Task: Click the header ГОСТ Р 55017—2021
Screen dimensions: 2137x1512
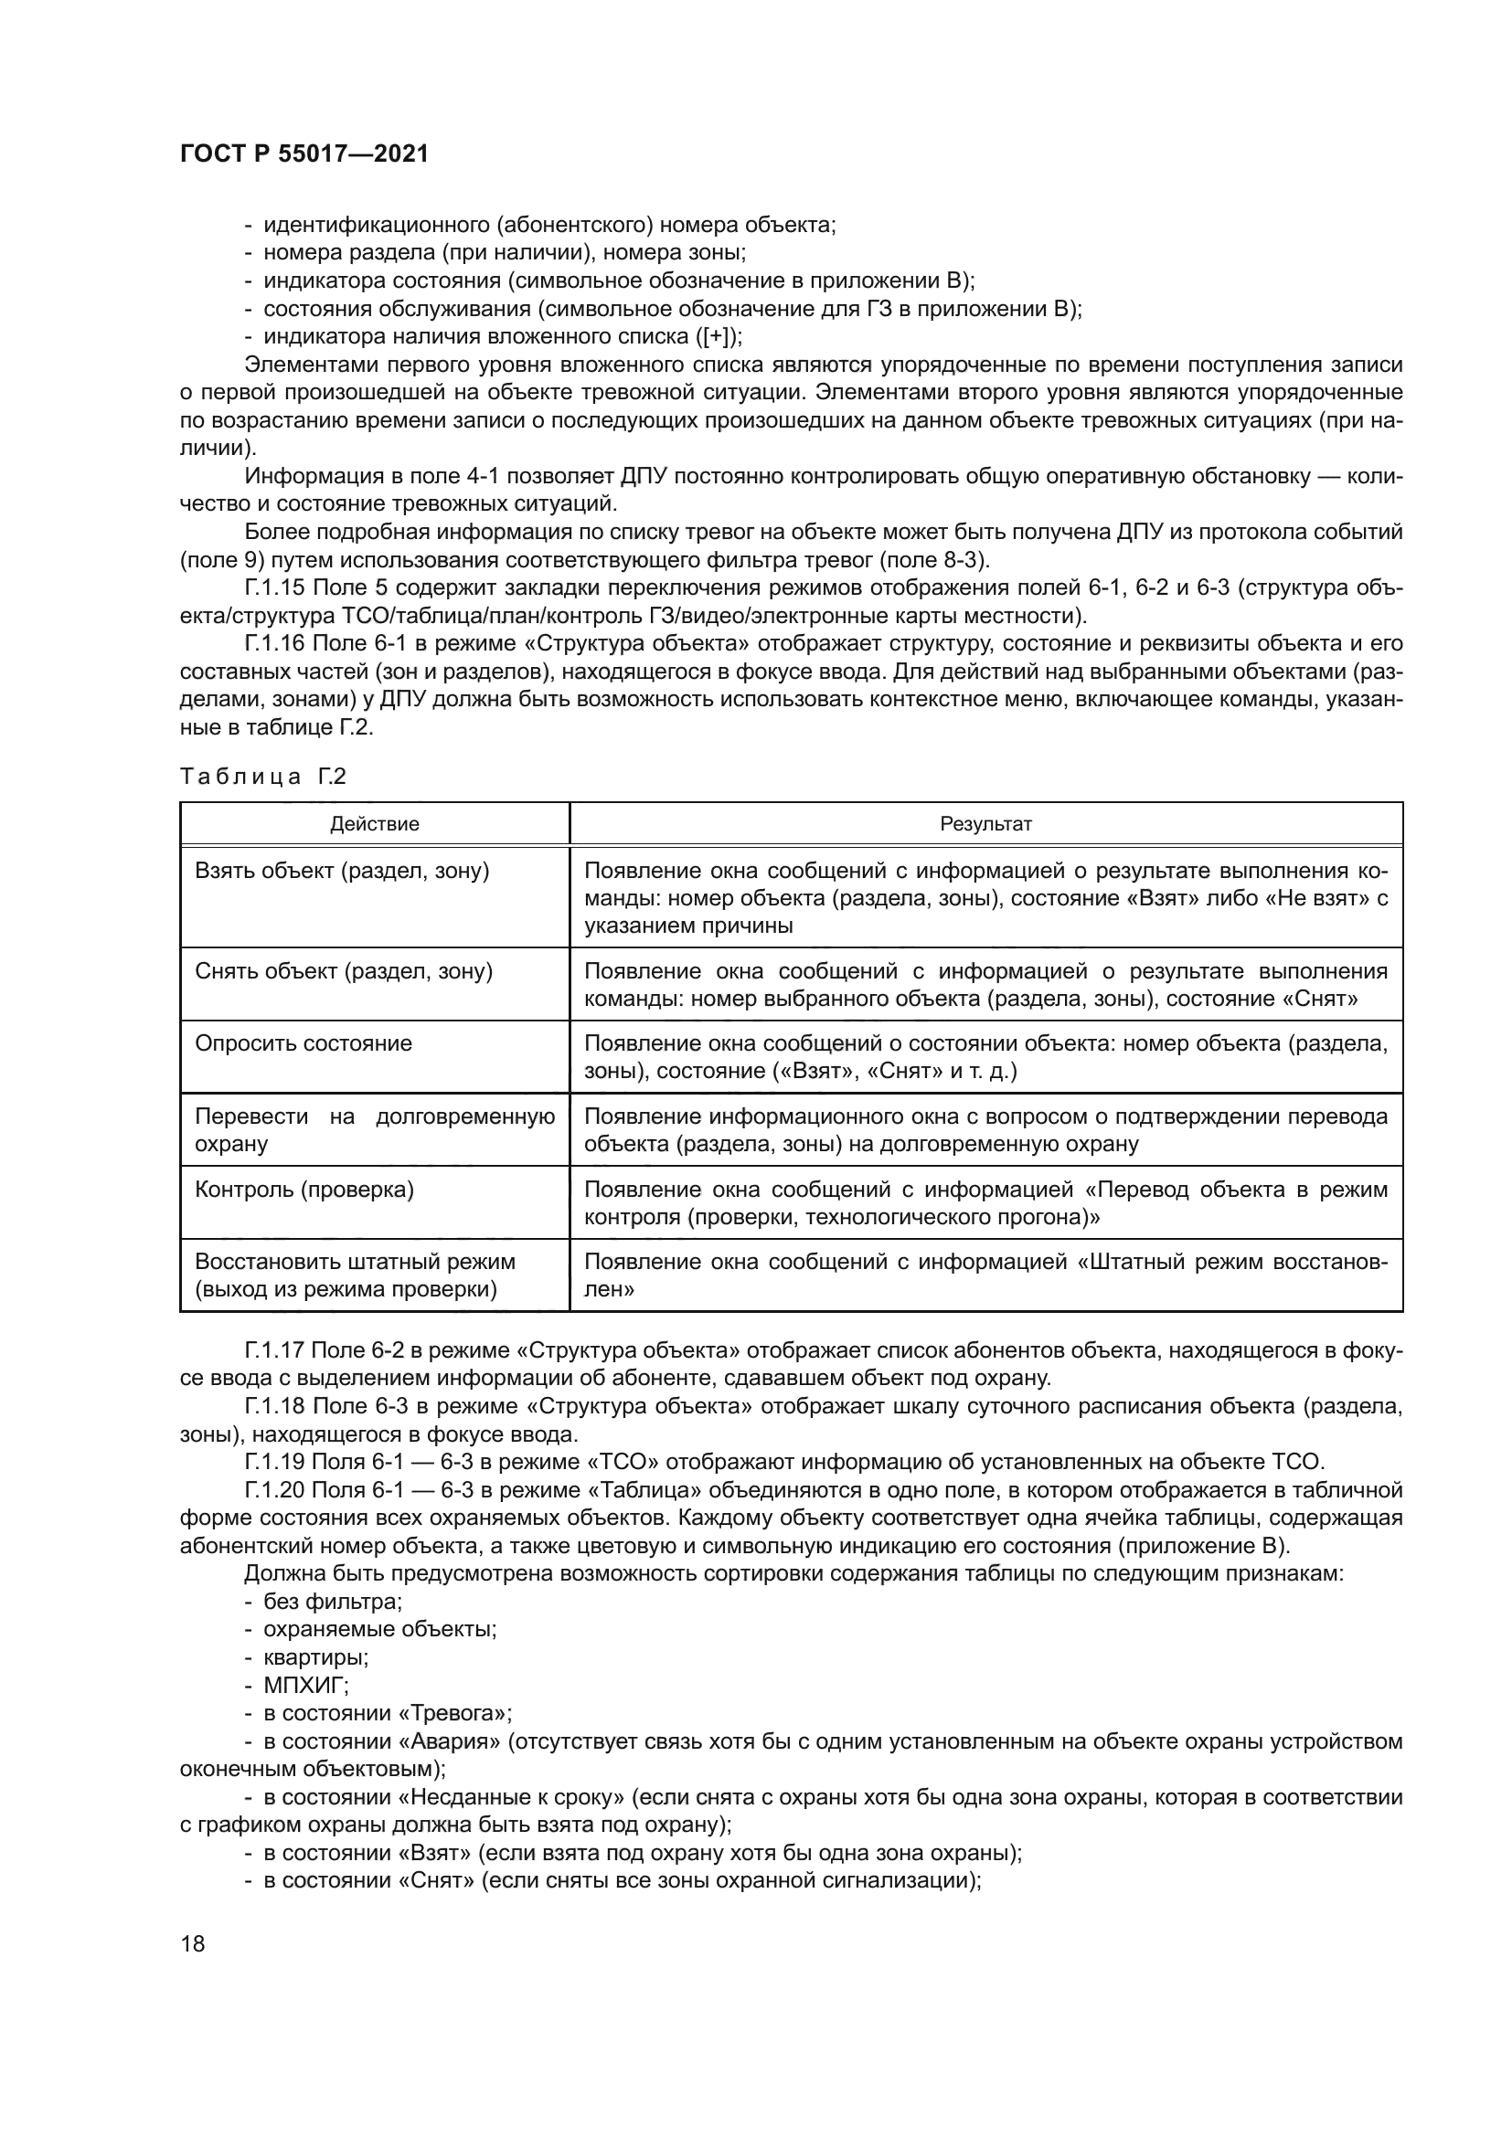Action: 304,154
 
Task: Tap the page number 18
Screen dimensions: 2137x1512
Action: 193,1943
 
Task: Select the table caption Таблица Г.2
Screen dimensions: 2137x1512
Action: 262,777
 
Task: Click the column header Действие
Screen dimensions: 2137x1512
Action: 374,824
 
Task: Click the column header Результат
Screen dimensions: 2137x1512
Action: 985,824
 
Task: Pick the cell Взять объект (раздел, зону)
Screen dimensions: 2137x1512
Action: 342,872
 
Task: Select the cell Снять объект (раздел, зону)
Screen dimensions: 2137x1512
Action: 344,972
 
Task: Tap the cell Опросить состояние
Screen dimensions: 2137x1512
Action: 303,1043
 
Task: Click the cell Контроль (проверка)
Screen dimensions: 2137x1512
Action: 304,1190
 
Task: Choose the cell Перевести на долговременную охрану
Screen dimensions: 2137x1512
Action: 374,1129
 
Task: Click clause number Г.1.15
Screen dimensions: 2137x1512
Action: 275,588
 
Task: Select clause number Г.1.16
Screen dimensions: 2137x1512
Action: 275,644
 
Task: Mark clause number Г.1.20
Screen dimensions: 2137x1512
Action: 275,1491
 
